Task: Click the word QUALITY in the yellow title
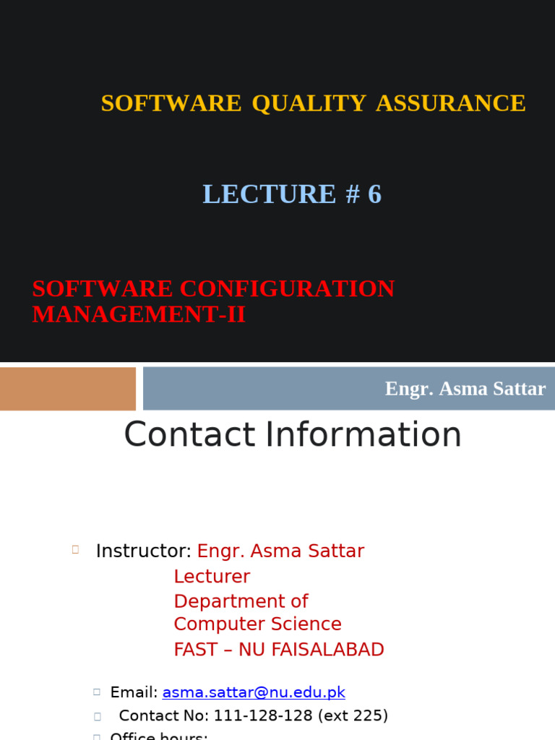click(309, 103)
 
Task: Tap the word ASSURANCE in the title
click(450, 103)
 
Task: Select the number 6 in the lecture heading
click(374, 194)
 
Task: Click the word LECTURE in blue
click(269, 194)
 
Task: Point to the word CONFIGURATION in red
click(287, 289)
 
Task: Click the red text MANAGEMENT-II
click(139, 315)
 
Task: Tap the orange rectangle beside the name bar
click(68, 389)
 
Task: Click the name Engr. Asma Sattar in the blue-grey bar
click(465, 389)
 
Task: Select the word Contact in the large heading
click(189, 435)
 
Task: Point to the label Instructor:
click(143, 551)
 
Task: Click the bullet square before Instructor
click(75, 550)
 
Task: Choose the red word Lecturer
click(212, 577)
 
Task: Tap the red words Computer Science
click(257, 624)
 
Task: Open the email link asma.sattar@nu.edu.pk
click(254, 692)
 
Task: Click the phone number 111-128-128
click(272, 715)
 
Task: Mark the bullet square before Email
click(96, 692)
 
